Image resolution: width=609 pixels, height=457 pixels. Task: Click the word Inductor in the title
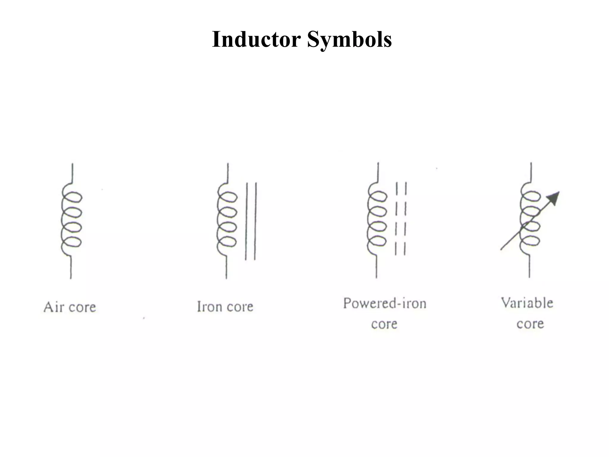click(x=256, y=39)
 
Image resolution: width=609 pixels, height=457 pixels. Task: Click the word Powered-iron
click(x=384, y=303)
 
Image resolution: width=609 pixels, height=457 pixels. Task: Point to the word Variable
click(x=527, y=303)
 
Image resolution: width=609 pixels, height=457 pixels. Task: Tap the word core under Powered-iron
click(x=384, y=324)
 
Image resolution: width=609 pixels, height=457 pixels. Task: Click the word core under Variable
click(x=530, y=324)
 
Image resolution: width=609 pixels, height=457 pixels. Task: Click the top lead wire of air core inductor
click(x=72, y=173)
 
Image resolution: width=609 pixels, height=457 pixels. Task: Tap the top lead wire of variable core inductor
click(x=531, y=172)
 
